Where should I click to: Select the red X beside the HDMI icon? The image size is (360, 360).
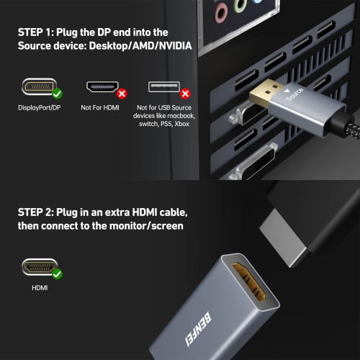(x=122, y=93)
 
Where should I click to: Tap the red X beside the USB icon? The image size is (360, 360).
(x=185, y=93)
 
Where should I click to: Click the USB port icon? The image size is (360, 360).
(x=164, y=87)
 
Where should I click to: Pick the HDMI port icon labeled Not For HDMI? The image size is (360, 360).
(x=102, y=87)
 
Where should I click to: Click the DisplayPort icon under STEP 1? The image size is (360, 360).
(x=38, y=87)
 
